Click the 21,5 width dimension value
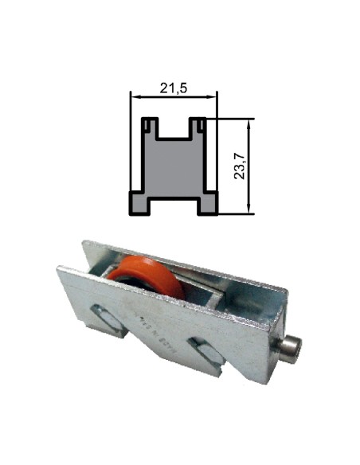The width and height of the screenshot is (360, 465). [x=173, y=88]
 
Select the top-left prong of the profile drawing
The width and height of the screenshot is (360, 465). [x=149, y=126]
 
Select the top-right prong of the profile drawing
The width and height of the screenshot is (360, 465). [x=198, y=126]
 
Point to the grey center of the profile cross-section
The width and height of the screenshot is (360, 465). [x=174, y=167]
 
